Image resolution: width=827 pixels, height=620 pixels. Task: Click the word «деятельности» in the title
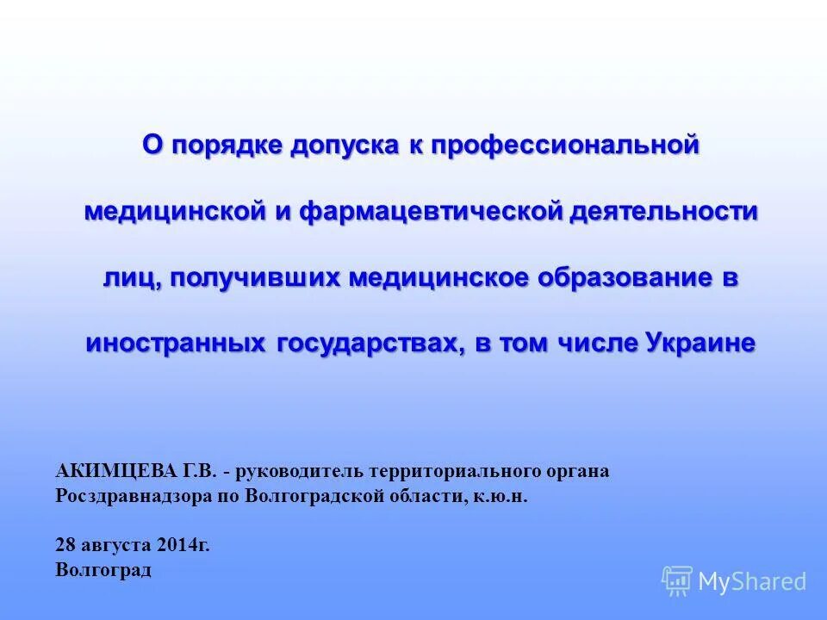663,211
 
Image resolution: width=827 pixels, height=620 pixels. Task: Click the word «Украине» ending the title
700,343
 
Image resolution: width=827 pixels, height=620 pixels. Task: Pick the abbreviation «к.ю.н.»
499,497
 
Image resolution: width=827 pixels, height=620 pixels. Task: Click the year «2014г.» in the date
184,544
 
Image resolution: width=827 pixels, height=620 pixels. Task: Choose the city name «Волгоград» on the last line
103,570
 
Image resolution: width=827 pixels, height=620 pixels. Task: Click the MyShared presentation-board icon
677,581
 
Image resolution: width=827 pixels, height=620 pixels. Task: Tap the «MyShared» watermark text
752,582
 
